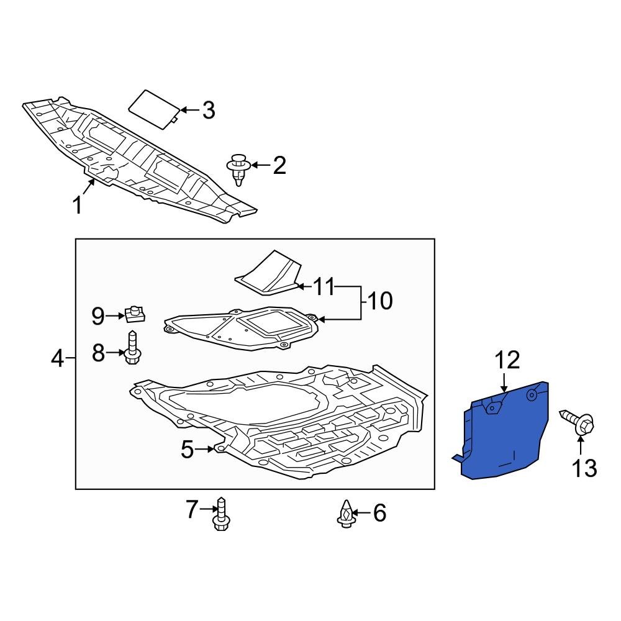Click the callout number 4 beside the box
[x=57, y=358]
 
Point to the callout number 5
[x=188, y=450]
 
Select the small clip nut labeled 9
[x=135, y=314]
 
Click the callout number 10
[x=379, y=302]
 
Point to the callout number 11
[x=323, y=287]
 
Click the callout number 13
[x=584, y=468]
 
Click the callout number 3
[x=209, y=111]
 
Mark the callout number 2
[x=279, y=165]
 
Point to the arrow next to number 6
[x=361, y=513]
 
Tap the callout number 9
[x=99, y=316]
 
